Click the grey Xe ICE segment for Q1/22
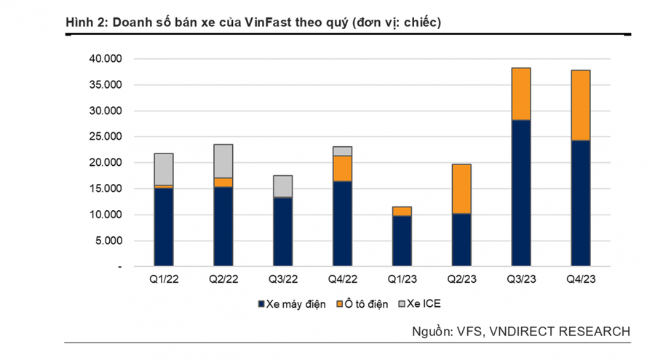[163, 169]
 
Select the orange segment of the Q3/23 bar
[520, 94]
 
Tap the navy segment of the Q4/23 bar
[580, 203]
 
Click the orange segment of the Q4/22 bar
[342, 168]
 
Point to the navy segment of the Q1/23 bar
[402, 241]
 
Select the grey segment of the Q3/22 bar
[282, 186]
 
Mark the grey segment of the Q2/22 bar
[223, 161]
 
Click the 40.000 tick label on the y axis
[105, 59]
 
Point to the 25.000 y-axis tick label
[105, 137]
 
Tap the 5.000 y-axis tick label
[108, 241]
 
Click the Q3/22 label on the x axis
[282, 279]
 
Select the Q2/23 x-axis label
[461, 279]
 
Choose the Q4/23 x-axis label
[580, 279]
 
